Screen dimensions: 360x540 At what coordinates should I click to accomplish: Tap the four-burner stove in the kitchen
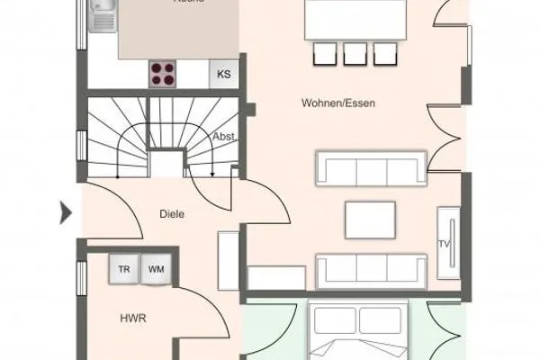[x=164, y=73]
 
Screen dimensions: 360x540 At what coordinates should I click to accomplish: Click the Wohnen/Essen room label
[x=338, y=103]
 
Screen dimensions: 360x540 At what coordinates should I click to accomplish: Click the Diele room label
[x=172, y=213]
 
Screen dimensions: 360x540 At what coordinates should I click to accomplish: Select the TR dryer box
[x=123, y=267]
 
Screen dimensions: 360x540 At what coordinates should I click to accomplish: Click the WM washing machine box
[x=156, y=267]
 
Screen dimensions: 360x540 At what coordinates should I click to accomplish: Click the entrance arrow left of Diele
[x=65, y=213]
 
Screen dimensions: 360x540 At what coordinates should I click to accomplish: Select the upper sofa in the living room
[x=370, y=168]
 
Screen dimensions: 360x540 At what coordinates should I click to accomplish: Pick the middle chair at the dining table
[x=351, y=54]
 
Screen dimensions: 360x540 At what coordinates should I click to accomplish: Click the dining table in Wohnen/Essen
[x=351, y=20]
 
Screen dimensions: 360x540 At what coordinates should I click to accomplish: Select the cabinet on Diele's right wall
[x=229, y=260]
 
